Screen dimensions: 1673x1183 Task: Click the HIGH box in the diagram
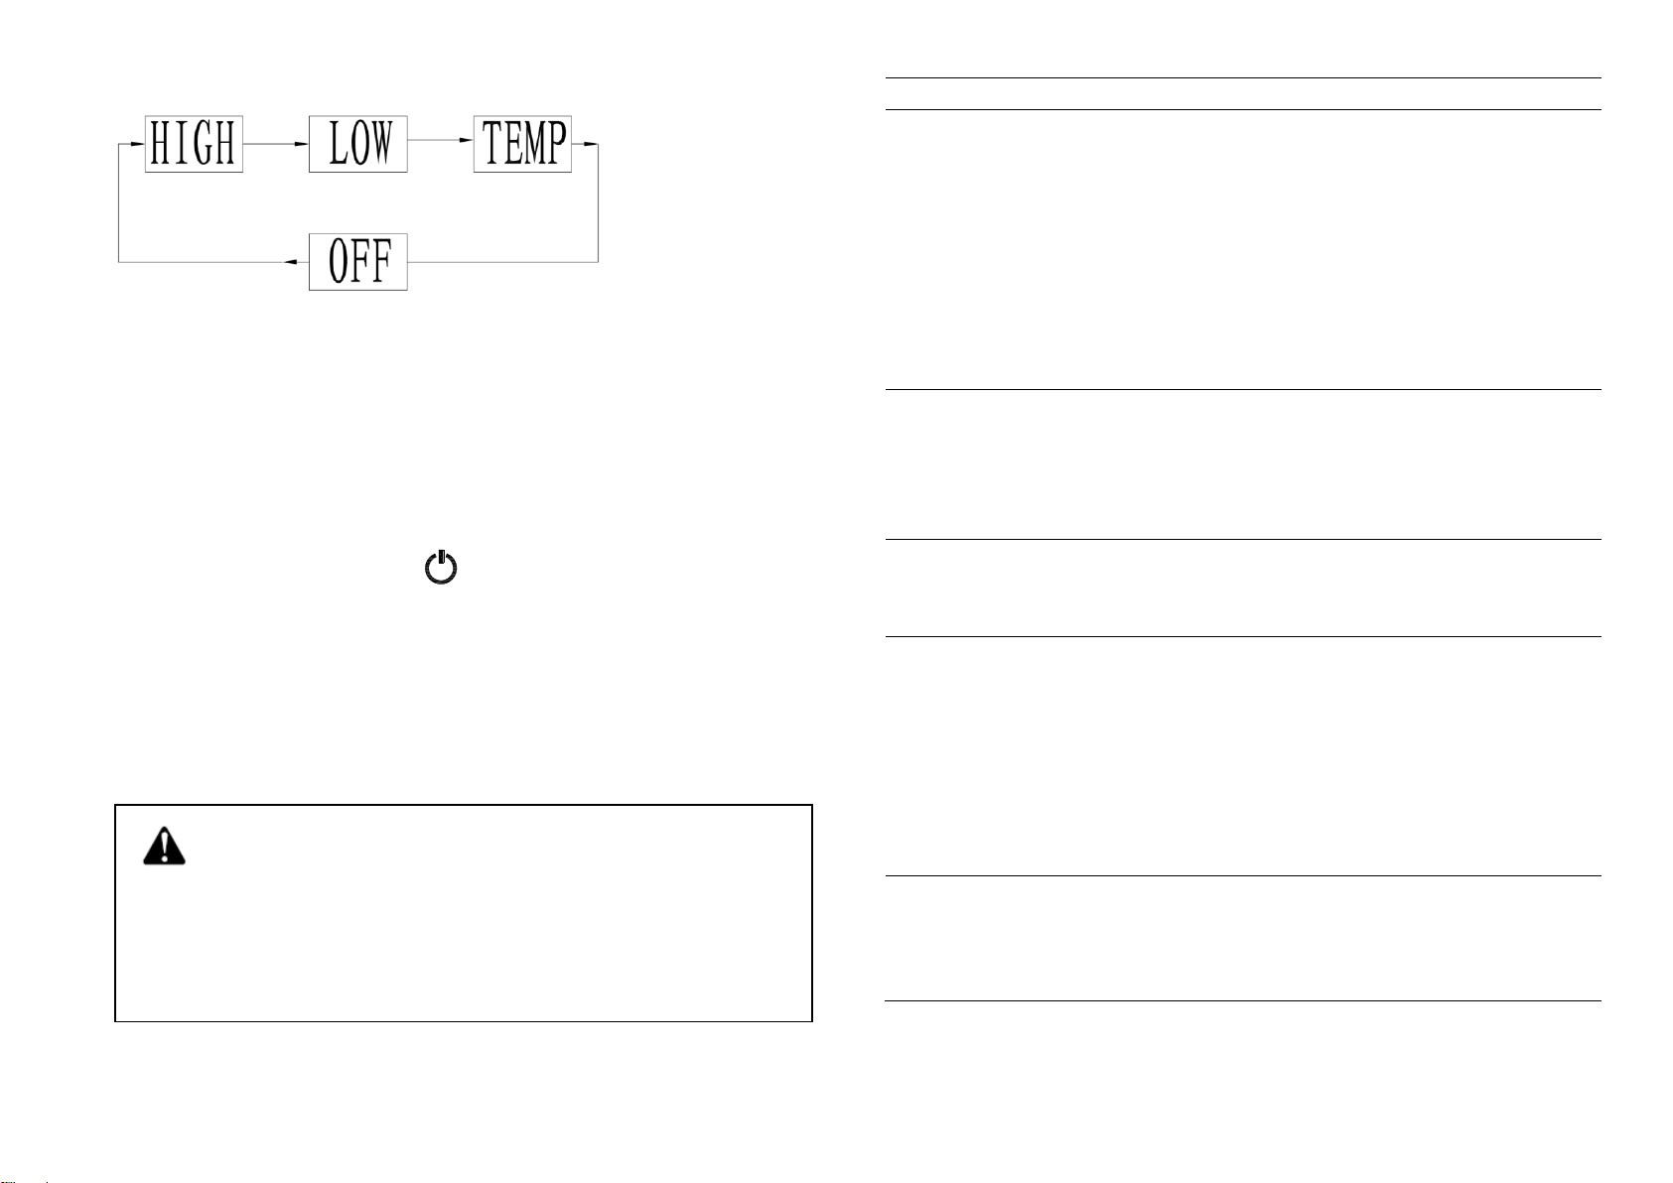195,144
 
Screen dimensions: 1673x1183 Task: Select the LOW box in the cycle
358,144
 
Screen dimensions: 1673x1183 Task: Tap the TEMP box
523,144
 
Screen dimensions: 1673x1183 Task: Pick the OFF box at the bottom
358,262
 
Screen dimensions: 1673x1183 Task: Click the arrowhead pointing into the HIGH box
138,144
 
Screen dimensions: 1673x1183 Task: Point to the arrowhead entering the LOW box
302,144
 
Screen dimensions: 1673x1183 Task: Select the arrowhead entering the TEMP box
466,140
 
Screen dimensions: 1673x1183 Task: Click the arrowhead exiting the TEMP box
591,144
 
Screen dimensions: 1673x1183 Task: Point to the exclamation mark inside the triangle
164,848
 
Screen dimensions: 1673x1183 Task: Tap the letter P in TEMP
557,143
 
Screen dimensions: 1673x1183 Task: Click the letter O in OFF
339,262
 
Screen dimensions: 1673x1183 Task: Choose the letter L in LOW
337,143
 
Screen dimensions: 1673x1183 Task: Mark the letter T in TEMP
490,143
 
